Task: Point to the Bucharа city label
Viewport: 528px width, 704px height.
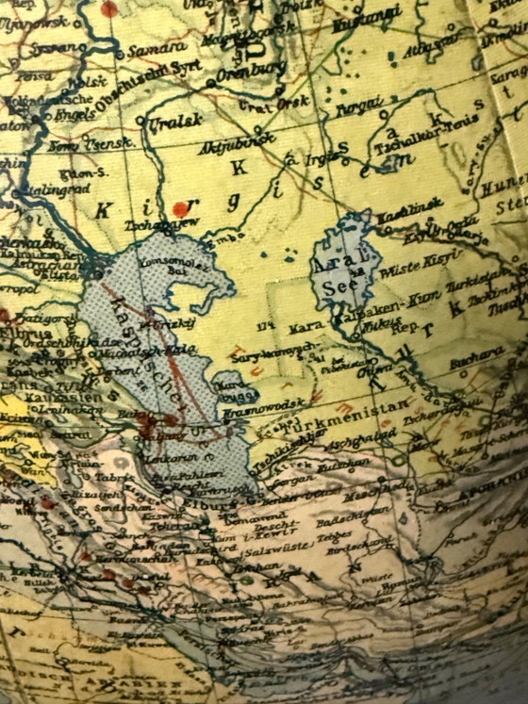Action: click(478, 356)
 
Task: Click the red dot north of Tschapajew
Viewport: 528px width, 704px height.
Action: click(180, 208)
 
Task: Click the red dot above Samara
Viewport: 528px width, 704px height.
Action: click(109, 8)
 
